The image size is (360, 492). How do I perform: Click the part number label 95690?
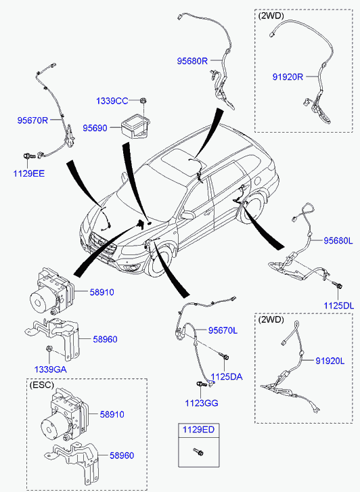click(x=95, y=128)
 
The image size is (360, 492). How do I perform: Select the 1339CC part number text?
click(x=112, y=101)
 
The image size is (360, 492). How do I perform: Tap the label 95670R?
click(x=32, y=120)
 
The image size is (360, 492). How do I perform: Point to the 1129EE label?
click(x=29, y=173)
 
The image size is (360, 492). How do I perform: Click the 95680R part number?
click(x=192, y=61)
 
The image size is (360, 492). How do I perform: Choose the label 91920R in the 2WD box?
click(x=288, y=77)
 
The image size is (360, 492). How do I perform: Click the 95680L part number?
click(x=338, y=241)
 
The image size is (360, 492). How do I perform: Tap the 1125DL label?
click(x=338, y=306)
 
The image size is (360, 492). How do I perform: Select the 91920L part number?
click(x=330, y=361)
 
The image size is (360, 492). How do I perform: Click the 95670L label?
click(x=223, y=330)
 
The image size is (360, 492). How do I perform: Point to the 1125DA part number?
click(x=227, y=376)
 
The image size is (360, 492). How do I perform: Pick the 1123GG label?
click(x=202, y=403)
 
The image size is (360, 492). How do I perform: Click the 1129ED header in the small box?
click(x=199, y=430)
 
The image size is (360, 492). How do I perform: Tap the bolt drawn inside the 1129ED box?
click(x=198, y=452)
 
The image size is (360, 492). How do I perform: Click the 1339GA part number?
click(x=50, y=370)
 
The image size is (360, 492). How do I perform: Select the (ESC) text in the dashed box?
click(x=42, y=384)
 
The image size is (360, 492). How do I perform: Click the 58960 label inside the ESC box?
click(x=122, y=455)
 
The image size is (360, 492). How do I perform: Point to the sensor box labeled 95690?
click(x=135, y=127)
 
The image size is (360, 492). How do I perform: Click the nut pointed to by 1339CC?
click(x=143, y=101)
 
